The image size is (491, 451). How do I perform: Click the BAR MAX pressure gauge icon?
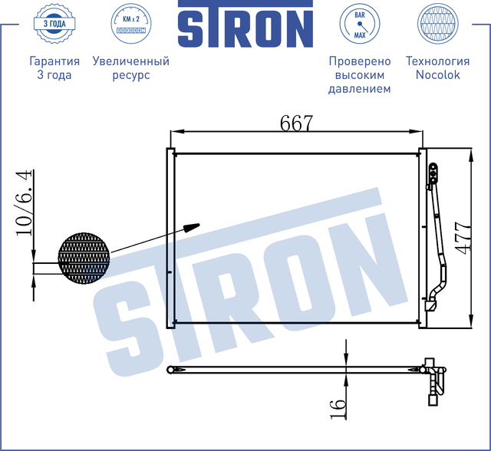point(359,25)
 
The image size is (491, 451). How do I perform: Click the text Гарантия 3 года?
point(54,67)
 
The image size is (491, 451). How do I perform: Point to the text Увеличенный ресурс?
point(130,67)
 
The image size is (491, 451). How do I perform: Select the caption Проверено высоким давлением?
point(359,74)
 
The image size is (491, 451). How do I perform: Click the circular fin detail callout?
point(84,255)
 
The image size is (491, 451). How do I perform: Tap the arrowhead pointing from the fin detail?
point(192,226)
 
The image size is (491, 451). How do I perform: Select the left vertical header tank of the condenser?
point(172,238)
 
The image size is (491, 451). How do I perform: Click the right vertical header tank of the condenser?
point(421,238)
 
